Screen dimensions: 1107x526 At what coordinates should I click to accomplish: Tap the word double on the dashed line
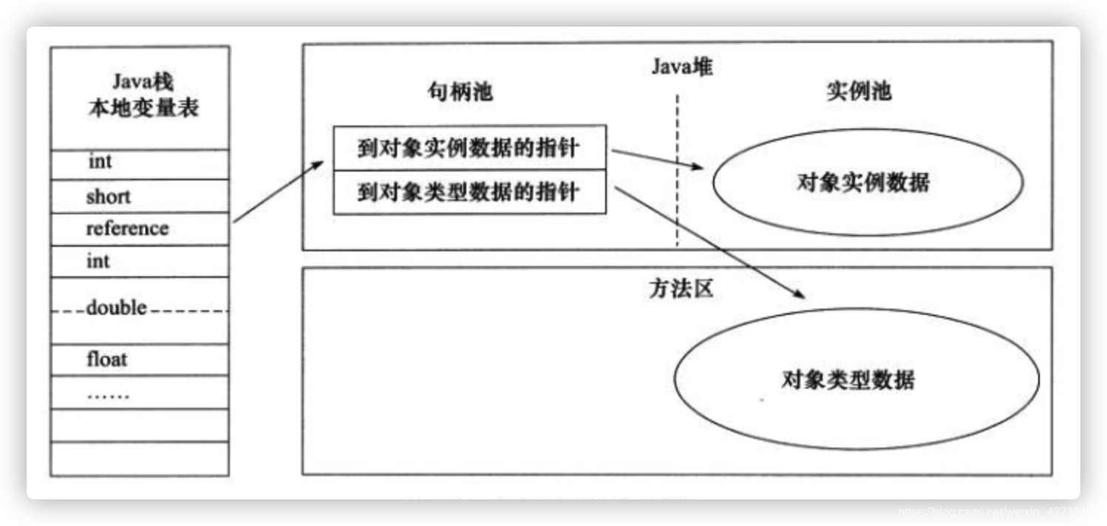tap(117, 307)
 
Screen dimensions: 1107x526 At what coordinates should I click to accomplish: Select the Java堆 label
tap(681, 66)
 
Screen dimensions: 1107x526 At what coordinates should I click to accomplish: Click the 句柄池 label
tap(460, 91)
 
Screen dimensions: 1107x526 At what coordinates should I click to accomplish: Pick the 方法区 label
tap(681, 288)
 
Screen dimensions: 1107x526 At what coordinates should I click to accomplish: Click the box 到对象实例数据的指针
tap(469, 148)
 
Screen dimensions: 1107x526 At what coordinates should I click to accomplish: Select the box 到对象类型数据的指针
tap(469, 193)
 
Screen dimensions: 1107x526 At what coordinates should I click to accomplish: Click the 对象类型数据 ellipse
tap(856, 380)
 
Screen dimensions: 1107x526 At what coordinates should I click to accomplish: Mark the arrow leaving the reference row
tap(278, 192)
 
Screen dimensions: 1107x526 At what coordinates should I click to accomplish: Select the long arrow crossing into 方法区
tap(709, 242)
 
